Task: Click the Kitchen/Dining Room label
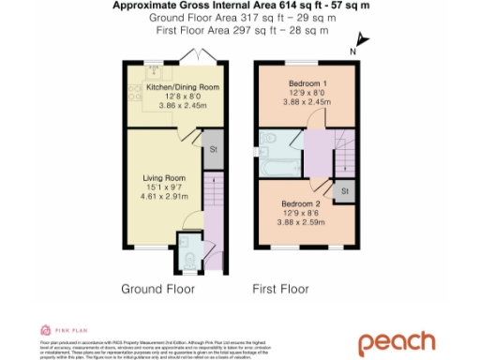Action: [170, 87]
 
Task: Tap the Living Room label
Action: [164, 178]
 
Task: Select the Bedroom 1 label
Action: [306, 83]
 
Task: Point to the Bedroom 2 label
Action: [306, 203]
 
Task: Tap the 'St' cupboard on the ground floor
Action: [213, 148]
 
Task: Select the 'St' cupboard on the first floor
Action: [345, 191]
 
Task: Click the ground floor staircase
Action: [212, 193]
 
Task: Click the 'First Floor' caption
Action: [280, 289]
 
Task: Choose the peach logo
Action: [397, 342]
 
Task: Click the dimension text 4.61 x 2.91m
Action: [164, 197]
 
